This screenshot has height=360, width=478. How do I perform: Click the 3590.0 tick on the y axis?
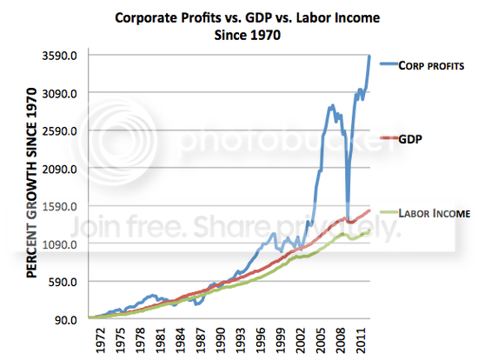coord(59,56)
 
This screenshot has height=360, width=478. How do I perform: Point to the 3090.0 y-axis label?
coord(59,94)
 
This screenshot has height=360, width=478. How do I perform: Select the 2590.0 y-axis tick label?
coord(59,131)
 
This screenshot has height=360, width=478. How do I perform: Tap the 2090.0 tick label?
coord(59,169)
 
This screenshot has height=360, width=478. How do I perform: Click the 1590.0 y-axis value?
coord(59,207)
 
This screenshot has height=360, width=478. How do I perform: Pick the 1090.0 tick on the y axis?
coord(59,244)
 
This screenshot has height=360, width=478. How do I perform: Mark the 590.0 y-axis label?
coord(63,282)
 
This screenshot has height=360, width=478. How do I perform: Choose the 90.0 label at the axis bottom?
coord(65,320)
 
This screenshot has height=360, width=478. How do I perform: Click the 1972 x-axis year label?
coord(100,341)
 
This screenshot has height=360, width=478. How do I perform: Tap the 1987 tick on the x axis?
coord(201,341)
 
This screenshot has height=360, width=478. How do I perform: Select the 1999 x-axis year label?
coord(281,341)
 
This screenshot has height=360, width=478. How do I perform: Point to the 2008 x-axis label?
coord(341,341)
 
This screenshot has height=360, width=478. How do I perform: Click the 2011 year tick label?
coord(361,341)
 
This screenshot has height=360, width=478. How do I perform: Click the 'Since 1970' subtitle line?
coord(247,35)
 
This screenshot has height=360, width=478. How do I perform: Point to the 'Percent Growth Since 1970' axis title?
coord(31,183)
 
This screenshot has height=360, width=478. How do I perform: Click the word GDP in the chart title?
coord(258,17)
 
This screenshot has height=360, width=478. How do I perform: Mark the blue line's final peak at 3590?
coord(369,56)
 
